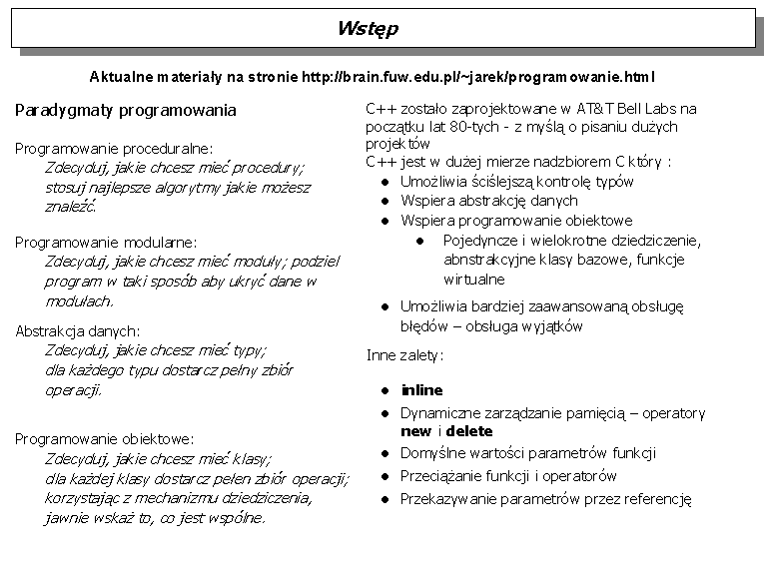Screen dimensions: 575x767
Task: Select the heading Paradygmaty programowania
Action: pos(125,110)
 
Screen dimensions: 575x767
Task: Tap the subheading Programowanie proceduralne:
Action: pos(114,148)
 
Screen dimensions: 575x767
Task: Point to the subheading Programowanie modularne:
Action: pos(106,242)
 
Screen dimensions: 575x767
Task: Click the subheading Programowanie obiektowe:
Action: pos(105,438)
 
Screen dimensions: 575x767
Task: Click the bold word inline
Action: pos(421,389)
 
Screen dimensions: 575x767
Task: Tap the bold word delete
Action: pos(469,431)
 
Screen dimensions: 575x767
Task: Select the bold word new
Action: pos(415,431)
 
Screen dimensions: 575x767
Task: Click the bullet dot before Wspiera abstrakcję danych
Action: pos(384,202)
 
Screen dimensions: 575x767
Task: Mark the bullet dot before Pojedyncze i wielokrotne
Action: pos(421,241)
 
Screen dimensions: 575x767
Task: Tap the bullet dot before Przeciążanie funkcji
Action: pos(384,477)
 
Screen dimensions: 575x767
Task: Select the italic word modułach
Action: pos(80,300)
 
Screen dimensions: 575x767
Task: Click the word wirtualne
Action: pos(474,280)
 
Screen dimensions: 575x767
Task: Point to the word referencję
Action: pos(658,500)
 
